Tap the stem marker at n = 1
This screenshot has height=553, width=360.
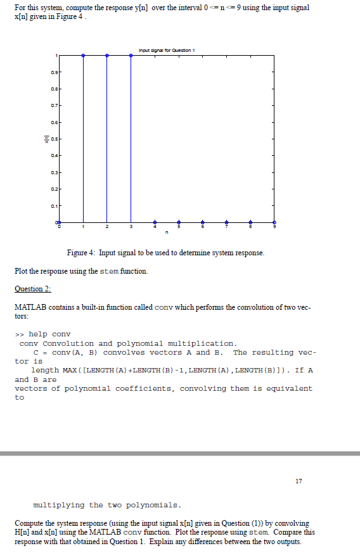pos(83,56)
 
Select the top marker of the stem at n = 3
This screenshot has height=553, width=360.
pos(131,56)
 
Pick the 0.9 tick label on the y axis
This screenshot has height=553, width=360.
pos(53,72)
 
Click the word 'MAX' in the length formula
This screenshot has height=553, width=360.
pos(70,370)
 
